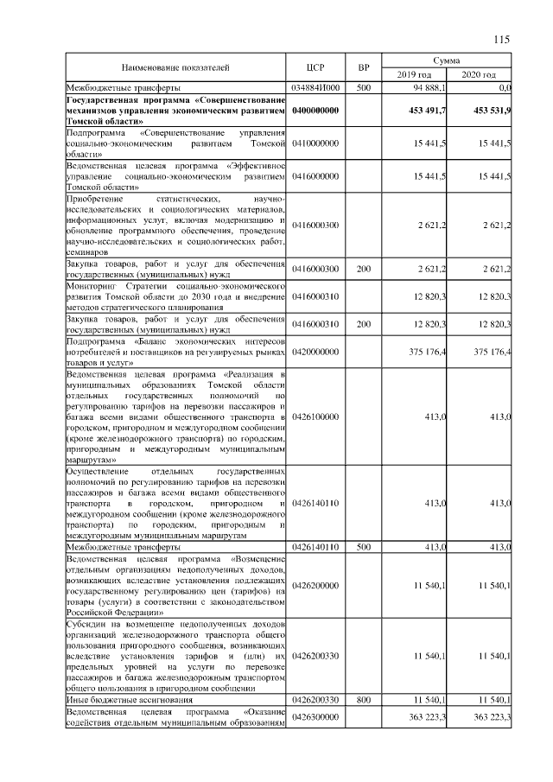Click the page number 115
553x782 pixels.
502,39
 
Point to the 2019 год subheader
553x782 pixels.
414,75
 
